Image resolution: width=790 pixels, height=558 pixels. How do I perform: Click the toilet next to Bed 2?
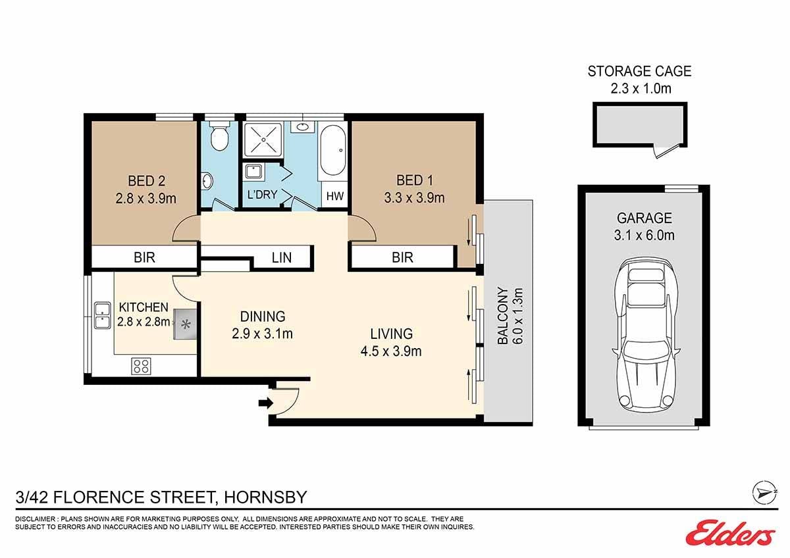tap(219, 136)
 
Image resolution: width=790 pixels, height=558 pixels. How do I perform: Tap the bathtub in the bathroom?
tap(332, 151)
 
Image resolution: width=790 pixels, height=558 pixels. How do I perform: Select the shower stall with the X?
tap(263, 139)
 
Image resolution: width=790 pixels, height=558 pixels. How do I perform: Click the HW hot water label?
tap(334, 196)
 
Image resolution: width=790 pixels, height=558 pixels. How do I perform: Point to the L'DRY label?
tap(263, 194)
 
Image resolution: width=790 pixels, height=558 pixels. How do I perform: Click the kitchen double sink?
tap(103, 315)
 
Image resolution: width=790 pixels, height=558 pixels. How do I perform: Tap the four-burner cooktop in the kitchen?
tap(142, 366)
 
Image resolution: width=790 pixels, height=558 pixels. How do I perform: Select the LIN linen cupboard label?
tap(282, 258)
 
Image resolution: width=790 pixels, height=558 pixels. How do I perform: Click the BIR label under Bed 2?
tap(144, 258)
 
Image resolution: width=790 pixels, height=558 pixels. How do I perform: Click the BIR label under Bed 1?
tap(402, 258)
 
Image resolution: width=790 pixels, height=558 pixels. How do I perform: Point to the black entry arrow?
tap(266, 403)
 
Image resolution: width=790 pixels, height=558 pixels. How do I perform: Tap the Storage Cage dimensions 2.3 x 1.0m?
tap(641, 88)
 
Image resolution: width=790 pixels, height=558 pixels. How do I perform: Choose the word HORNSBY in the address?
tap(265, 497)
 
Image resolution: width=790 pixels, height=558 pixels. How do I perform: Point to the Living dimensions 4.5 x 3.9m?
tap(391, 351)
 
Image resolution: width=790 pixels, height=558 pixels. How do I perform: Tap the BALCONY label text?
tap(502, 315)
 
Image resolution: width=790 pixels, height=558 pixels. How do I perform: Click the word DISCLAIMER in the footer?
tap(35, 519)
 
